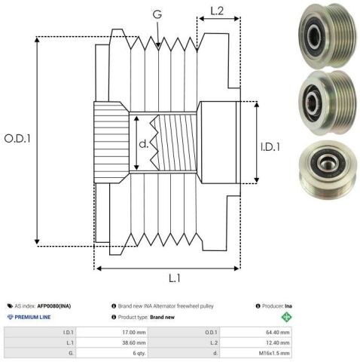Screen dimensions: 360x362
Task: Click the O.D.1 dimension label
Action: [17, 139]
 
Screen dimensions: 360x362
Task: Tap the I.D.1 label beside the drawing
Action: [270, 147]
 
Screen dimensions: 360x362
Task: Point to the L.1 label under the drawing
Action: [175, 278]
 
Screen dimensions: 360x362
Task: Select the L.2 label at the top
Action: [217, 11]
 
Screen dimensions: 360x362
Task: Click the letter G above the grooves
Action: [157, 14]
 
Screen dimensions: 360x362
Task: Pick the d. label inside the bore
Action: [144, 144]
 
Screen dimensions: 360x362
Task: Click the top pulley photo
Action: [328, 35]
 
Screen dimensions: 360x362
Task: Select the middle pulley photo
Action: [328, 103]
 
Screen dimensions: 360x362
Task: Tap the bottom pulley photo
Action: [328, 169]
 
